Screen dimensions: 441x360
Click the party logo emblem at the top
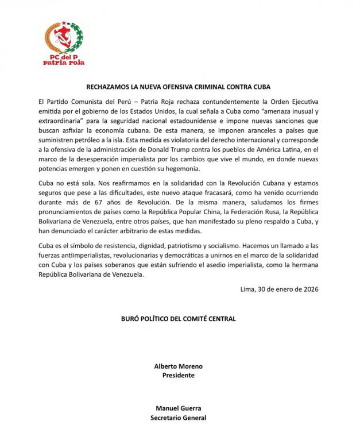64,38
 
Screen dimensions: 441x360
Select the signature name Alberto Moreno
179,366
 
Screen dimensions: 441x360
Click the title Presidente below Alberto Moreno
179,375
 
